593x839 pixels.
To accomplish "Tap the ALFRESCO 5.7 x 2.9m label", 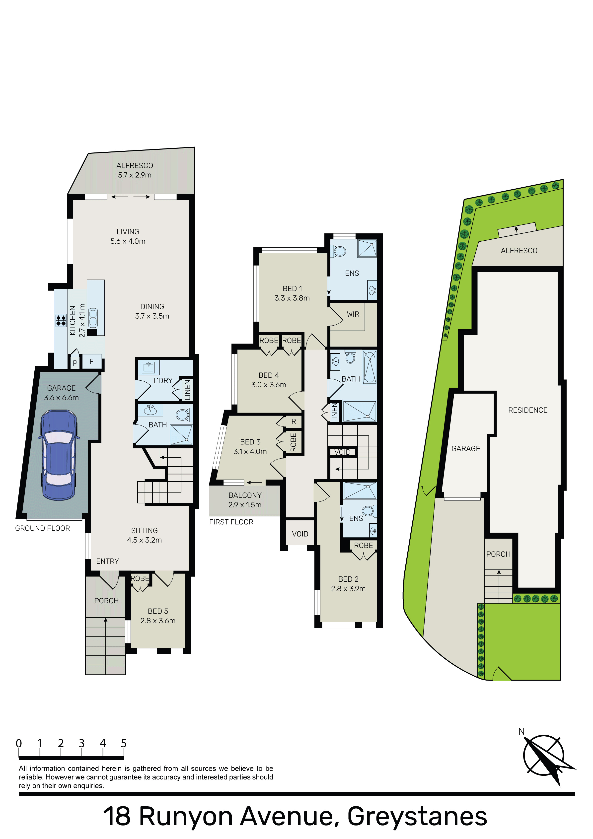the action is (135, 170).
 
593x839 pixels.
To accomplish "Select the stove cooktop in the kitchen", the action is (60, 320).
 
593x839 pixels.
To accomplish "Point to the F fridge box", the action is (91, 361).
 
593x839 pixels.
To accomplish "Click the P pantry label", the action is (75, 363).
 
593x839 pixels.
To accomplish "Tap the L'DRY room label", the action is (163, 380).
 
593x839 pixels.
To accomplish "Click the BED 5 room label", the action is (158, 616).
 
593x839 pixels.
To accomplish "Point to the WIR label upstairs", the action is (353, 314).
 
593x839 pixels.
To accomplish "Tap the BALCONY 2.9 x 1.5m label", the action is (245, 500).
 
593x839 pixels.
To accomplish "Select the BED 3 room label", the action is (250, 447).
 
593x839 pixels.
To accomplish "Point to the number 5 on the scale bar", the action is (124, 743).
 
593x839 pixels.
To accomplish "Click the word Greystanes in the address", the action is (417, 816).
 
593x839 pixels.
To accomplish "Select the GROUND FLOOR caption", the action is (42, 528).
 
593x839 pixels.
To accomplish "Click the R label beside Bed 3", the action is (294, 422).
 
